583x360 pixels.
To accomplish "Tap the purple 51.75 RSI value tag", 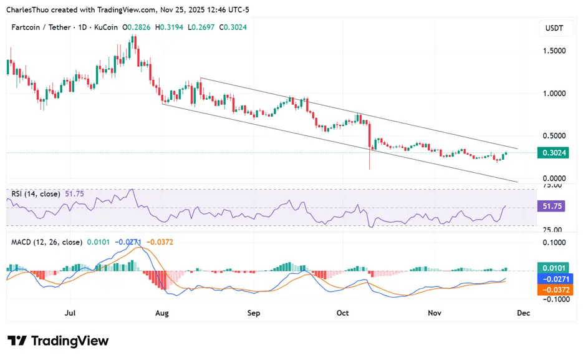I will point(552,207).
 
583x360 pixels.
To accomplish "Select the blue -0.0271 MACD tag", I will point(552,279).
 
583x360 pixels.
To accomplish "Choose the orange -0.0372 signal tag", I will point(552,289).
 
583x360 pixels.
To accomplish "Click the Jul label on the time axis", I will point(70,313).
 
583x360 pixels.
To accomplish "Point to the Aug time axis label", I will point(162,313).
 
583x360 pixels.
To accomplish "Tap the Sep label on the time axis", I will point(254,313).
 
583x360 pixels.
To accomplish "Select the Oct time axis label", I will point(343,313).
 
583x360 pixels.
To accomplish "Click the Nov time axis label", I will point(434,313).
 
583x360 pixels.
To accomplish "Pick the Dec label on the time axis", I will point(523,313).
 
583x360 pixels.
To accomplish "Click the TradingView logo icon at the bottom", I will point(17,341).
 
